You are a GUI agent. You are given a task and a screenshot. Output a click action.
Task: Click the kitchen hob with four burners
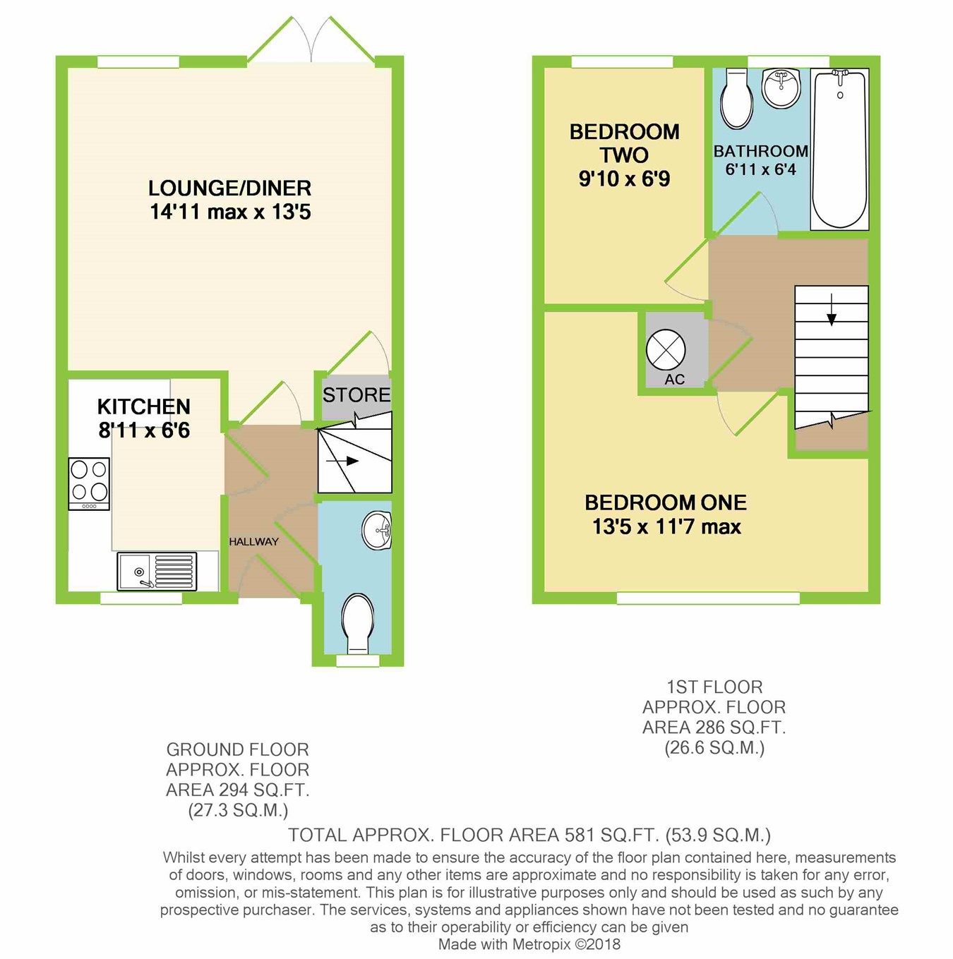click(89, 483)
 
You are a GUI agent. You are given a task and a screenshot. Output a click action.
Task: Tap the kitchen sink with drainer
click(157, 571)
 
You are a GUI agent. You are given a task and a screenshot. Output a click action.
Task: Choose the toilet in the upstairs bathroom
click(737, 99)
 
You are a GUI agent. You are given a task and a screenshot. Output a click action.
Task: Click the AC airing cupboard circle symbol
click(666, 349)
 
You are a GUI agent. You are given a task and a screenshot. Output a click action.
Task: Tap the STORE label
click(356, 395)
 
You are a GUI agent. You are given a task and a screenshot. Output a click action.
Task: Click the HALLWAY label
click(253, 542)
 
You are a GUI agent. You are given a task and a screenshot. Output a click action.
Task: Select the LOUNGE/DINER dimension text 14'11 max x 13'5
click(230, 212)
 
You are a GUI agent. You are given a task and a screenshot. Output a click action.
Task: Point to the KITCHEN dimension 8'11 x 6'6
click(144, 430)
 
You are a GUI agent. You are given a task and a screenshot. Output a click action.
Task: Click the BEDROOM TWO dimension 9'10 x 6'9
click(624, 179)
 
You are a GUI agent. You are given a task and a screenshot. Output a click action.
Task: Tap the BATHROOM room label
click(760, 151)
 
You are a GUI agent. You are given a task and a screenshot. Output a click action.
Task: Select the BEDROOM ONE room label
click(665, 502)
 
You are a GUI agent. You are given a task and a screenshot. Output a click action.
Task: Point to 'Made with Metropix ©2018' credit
click(529, 944)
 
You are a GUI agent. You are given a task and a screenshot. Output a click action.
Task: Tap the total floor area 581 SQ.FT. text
click(529, 836)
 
